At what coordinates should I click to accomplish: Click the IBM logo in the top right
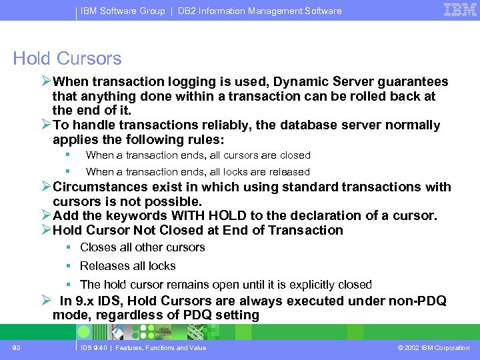coord(459,9)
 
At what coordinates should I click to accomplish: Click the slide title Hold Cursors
coord(67,59)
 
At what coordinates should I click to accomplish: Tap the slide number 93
coord(16,347)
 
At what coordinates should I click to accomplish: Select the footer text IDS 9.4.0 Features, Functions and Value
coord(143,347)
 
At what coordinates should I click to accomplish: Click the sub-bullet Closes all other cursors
coord(142,247)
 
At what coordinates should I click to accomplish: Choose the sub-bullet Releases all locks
coord(128,266)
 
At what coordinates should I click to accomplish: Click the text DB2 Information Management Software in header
coord(260,11)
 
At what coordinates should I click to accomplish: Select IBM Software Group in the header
coord(124,11)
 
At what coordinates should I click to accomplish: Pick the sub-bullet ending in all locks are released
coord(198,172)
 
